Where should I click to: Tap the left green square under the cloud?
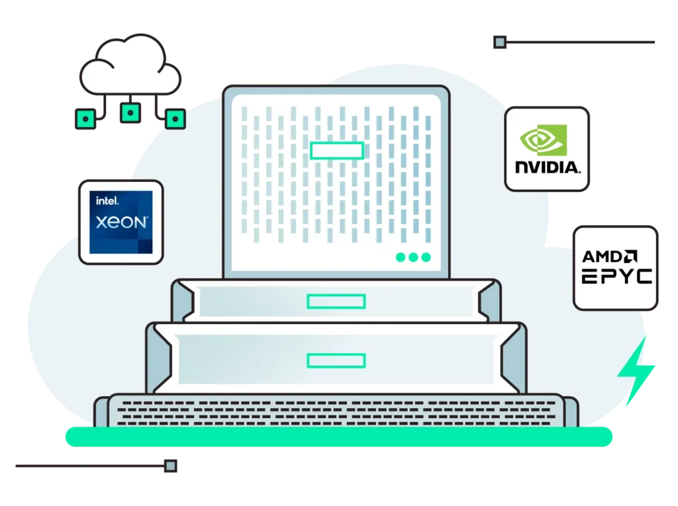click(x=85, y=119)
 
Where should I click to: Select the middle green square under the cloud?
click(x=130, y=112)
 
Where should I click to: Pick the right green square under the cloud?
click(x=175, y=119)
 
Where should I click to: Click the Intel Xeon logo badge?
click(x=121, y=222)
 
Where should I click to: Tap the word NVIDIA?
click(x=547, y=167)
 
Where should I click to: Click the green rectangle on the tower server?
click(x=336, y=150)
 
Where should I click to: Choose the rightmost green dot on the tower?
click(x=426, y=257)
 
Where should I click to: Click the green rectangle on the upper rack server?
click(x=336, y=302)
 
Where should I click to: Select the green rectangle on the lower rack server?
click(x=336, y=360)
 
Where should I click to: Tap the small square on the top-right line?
click(x=500, y=43)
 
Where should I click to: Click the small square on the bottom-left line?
click(x=171, y=466)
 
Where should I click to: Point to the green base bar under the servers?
click(x=338, y=437)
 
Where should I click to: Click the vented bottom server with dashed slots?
click(x=336, y=409)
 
